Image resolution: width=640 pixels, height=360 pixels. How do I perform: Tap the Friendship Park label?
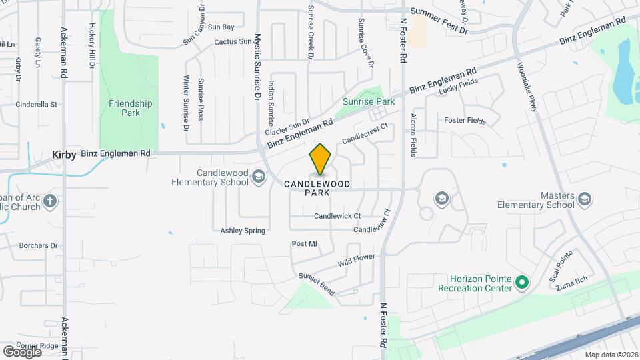[x=131, y=108]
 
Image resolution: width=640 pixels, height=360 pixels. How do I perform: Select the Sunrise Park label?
[x=368, y=101]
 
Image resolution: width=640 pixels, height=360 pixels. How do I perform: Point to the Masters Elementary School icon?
[x=585, y=199]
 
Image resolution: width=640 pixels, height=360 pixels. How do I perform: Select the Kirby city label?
[x=65, y=154]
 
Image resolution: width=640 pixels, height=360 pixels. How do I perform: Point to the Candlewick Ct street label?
[x=337, y=216]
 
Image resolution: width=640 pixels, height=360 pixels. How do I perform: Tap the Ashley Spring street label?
[x=243, y=231]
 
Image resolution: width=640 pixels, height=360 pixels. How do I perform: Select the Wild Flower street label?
[x=357, y=260]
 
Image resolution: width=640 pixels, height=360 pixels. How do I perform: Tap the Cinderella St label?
[x=37, y=104]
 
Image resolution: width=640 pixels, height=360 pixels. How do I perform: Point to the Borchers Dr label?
[x=38, y=245]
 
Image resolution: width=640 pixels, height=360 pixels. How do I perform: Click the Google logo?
[x=22, y=351]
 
